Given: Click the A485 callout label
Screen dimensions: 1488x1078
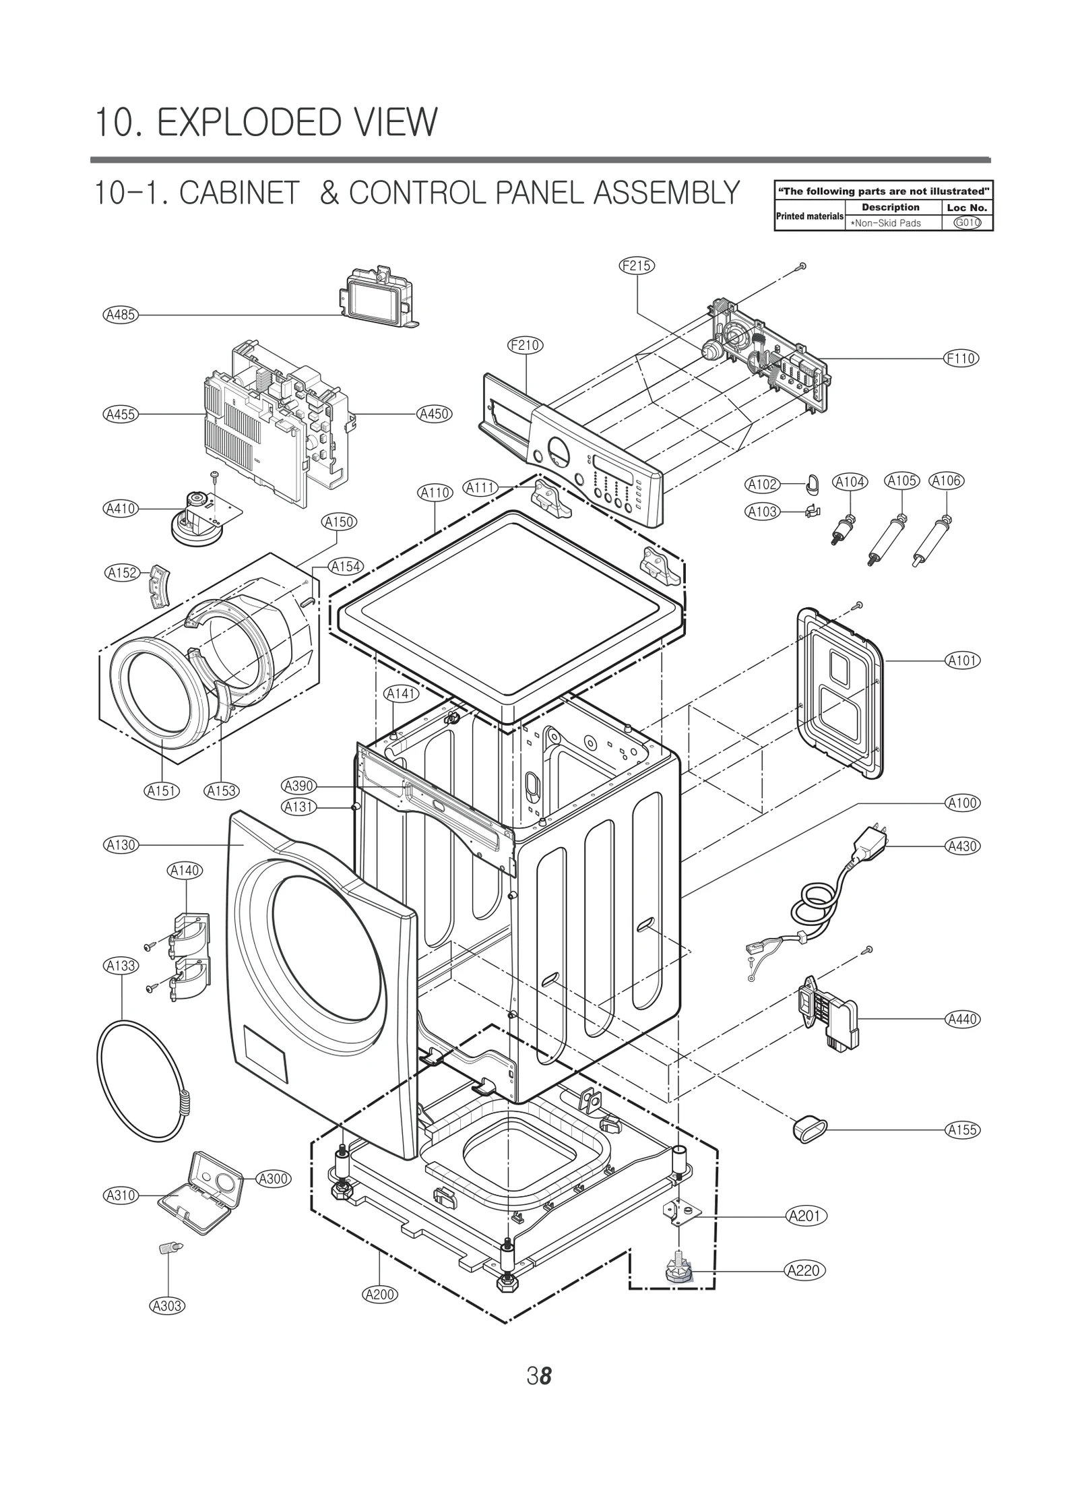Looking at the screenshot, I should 121,314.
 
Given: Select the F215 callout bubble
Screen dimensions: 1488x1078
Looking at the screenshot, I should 636,266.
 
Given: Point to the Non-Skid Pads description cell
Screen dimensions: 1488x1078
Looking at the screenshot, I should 885,223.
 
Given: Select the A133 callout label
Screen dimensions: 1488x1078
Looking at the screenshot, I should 121,966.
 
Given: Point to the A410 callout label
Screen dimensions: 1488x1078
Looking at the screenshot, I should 121,509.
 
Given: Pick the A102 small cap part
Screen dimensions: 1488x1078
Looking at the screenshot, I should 812,483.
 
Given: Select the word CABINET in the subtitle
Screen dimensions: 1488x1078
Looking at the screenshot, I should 239,193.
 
